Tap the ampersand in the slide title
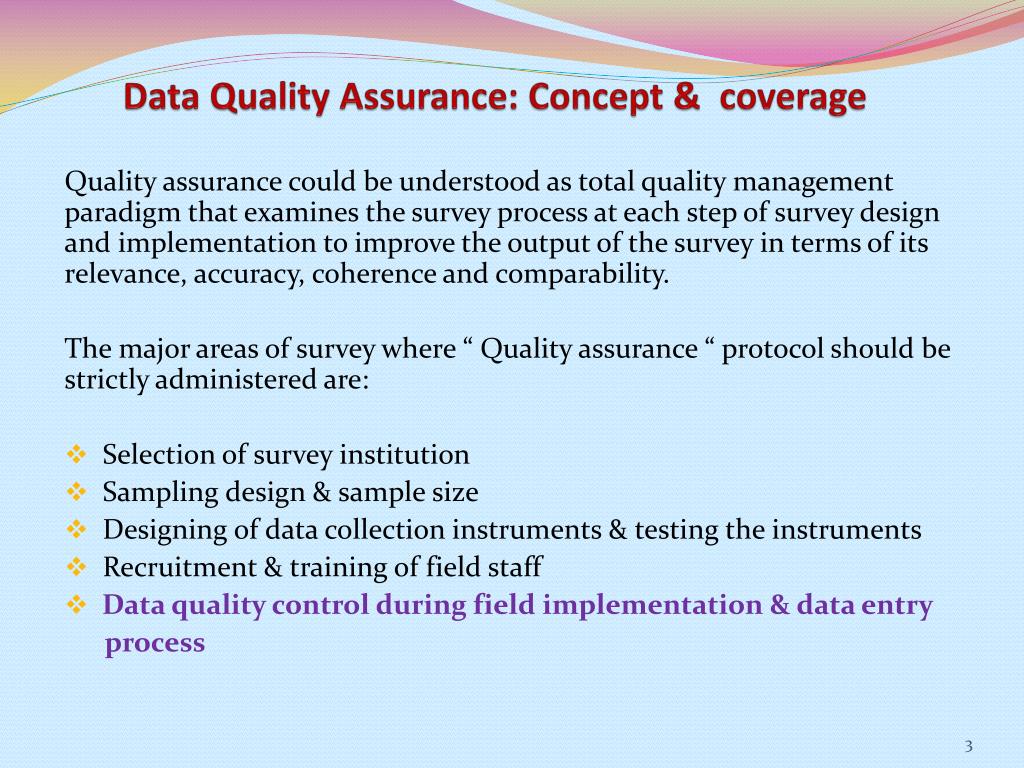pyautogui.click(x=685, y=97)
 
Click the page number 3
pyautogui.click(x=968, y=746)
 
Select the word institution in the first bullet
pyautogui.click(x=404, y=455)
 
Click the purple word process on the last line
pyautogui.click(x=155, y=643)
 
